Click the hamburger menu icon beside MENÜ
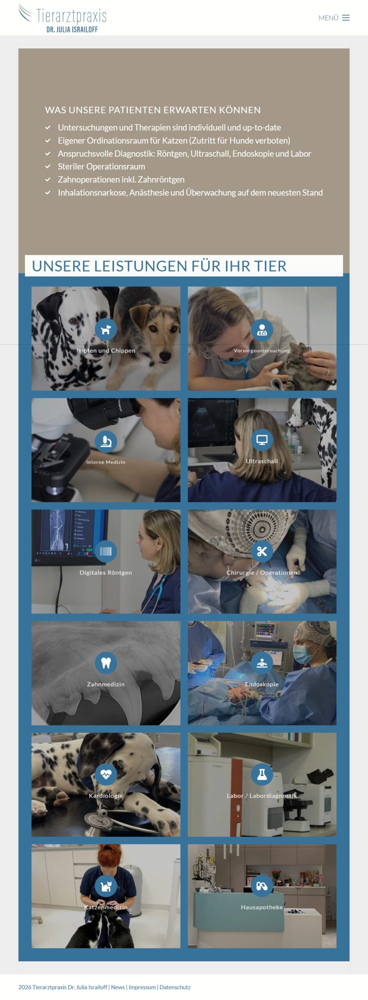[346, 18]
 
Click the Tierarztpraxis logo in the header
[63, 18]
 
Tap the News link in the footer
[118, 987]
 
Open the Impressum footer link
[142, 987]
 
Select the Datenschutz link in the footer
[175, 987]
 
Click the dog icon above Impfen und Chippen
[106, 330]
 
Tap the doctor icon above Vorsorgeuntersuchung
[262, 330]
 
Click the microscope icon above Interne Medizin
[106, 441]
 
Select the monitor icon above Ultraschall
[262, 440]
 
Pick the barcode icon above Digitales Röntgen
[106, 551]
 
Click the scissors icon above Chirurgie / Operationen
[262, 551]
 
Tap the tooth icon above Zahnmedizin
[106, 663]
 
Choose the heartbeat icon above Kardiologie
[106, 774]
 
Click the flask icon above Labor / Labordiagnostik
[262, 774]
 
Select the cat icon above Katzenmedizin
[106, 886]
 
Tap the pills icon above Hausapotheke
[262, 886]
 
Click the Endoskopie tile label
[262, 684]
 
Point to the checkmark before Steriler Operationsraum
[48, 166]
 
